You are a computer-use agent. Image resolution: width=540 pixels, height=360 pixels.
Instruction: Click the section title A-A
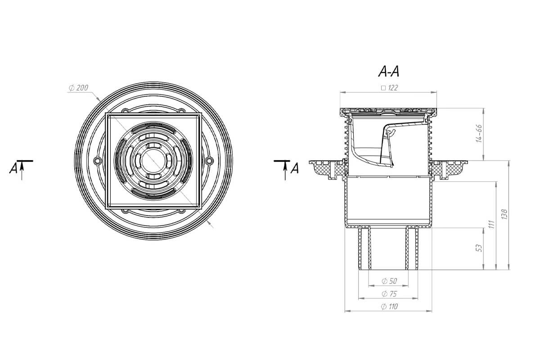pyautogui.click(x=389, y=72)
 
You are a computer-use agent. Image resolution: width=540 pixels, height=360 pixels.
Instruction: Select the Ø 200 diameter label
pyautogui.click(x=78, y=88)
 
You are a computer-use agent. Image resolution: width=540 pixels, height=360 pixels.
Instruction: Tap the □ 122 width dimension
pyautogui.click(x=389, y=88)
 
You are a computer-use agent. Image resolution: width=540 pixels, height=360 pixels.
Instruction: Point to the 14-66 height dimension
pyautogui.click(x=479, y=134)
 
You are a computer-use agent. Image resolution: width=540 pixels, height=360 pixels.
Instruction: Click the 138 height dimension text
pyautogui.click(x=504, y=214)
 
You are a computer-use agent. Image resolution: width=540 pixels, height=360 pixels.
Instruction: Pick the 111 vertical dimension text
pyautogui.click(x=492, y=224)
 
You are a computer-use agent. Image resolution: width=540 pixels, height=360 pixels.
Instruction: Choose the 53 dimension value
pyautogui.click(x=479, y=248)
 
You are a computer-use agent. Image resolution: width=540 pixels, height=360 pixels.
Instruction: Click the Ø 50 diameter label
pyautogui.click(x=389, y=281)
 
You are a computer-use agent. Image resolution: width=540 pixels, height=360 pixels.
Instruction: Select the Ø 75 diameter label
pyautogui.click(x=389, y=294)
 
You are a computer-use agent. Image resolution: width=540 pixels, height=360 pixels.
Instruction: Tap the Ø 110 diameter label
pyautogui.click(x=389, y=306)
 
